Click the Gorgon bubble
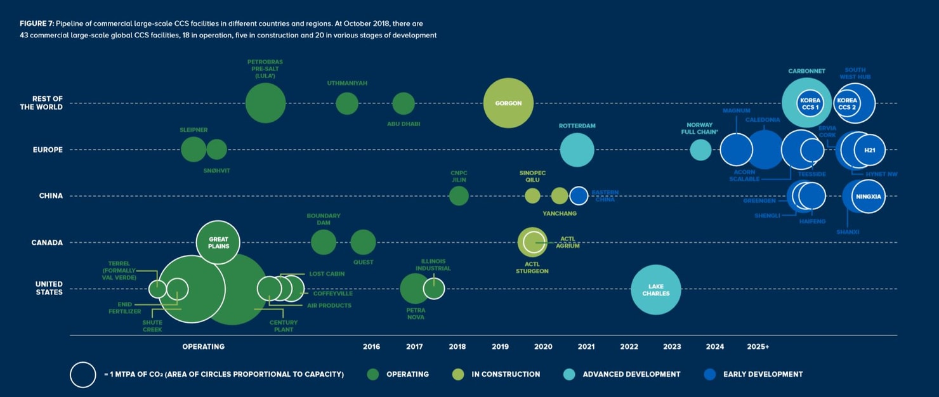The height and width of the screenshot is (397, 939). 508,103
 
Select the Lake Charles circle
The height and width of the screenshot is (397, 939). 655,290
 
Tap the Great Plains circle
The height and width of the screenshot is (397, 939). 218,242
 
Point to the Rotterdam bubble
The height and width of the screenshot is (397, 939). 577,150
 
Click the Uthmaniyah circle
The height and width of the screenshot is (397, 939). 346,103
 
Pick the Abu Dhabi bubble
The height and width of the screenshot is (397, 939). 404,103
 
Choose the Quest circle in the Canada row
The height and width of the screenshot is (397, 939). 363,242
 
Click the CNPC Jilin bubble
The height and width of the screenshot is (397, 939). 459,196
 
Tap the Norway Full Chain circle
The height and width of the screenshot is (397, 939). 700,150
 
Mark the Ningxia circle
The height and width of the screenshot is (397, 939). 869,197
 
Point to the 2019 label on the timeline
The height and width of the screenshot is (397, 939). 500,347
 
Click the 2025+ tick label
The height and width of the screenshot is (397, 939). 758,347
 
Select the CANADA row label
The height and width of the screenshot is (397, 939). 47,242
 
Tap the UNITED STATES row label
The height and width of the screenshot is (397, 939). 49,289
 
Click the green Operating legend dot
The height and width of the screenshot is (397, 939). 372,374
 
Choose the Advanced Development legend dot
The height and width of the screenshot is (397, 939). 569,374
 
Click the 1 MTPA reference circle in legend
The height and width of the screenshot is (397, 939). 83,374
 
